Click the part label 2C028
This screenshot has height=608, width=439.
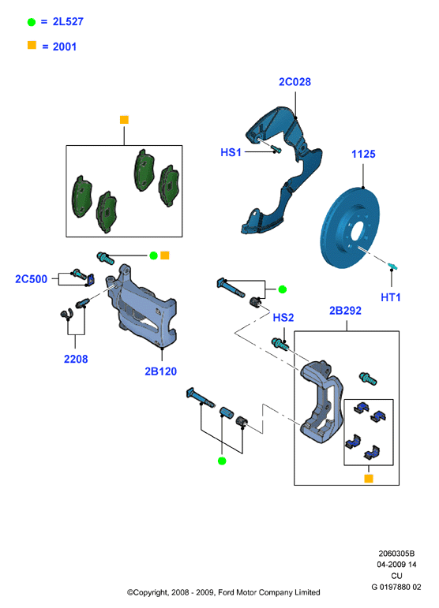tap(295, 82)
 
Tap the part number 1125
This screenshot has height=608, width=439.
tap(363, 154)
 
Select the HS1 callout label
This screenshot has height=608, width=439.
tap(231, 152)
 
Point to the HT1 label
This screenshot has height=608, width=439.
tap(391, 297)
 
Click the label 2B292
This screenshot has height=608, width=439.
tap(345, 311)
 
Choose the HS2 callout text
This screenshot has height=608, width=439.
tap(283, 318)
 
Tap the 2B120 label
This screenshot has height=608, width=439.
tap(161, 371)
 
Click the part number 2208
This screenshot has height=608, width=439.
tap(76, 359)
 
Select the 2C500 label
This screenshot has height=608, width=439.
tap(31, 279)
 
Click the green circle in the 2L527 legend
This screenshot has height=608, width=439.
tap(32, 22)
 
